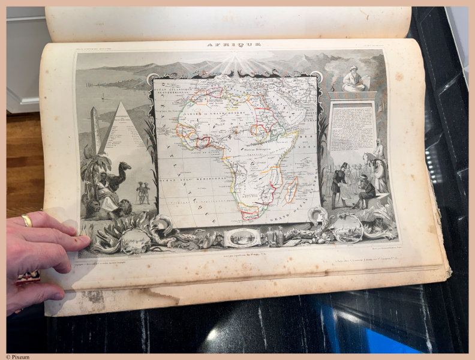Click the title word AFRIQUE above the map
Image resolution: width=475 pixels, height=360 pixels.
point(233,45)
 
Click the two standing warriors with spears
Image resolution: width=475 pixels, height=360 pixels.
point(143,191)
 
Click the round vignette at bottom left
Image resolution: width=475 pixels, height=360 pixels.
point(133,240)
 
